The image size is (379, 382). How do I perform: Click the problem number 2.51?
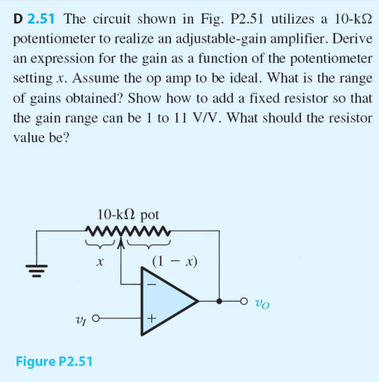(x=42, y=20)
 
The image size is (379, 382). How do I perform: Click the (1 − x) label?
(x=174, y=261)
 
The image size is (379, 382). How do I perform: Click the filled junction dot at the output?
(x=219, y=301)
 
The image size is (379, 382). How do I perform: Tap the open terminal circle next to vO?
(x=245, y=301)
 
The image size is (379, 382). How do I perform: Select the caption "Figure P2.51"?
(x=54, y=361)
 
